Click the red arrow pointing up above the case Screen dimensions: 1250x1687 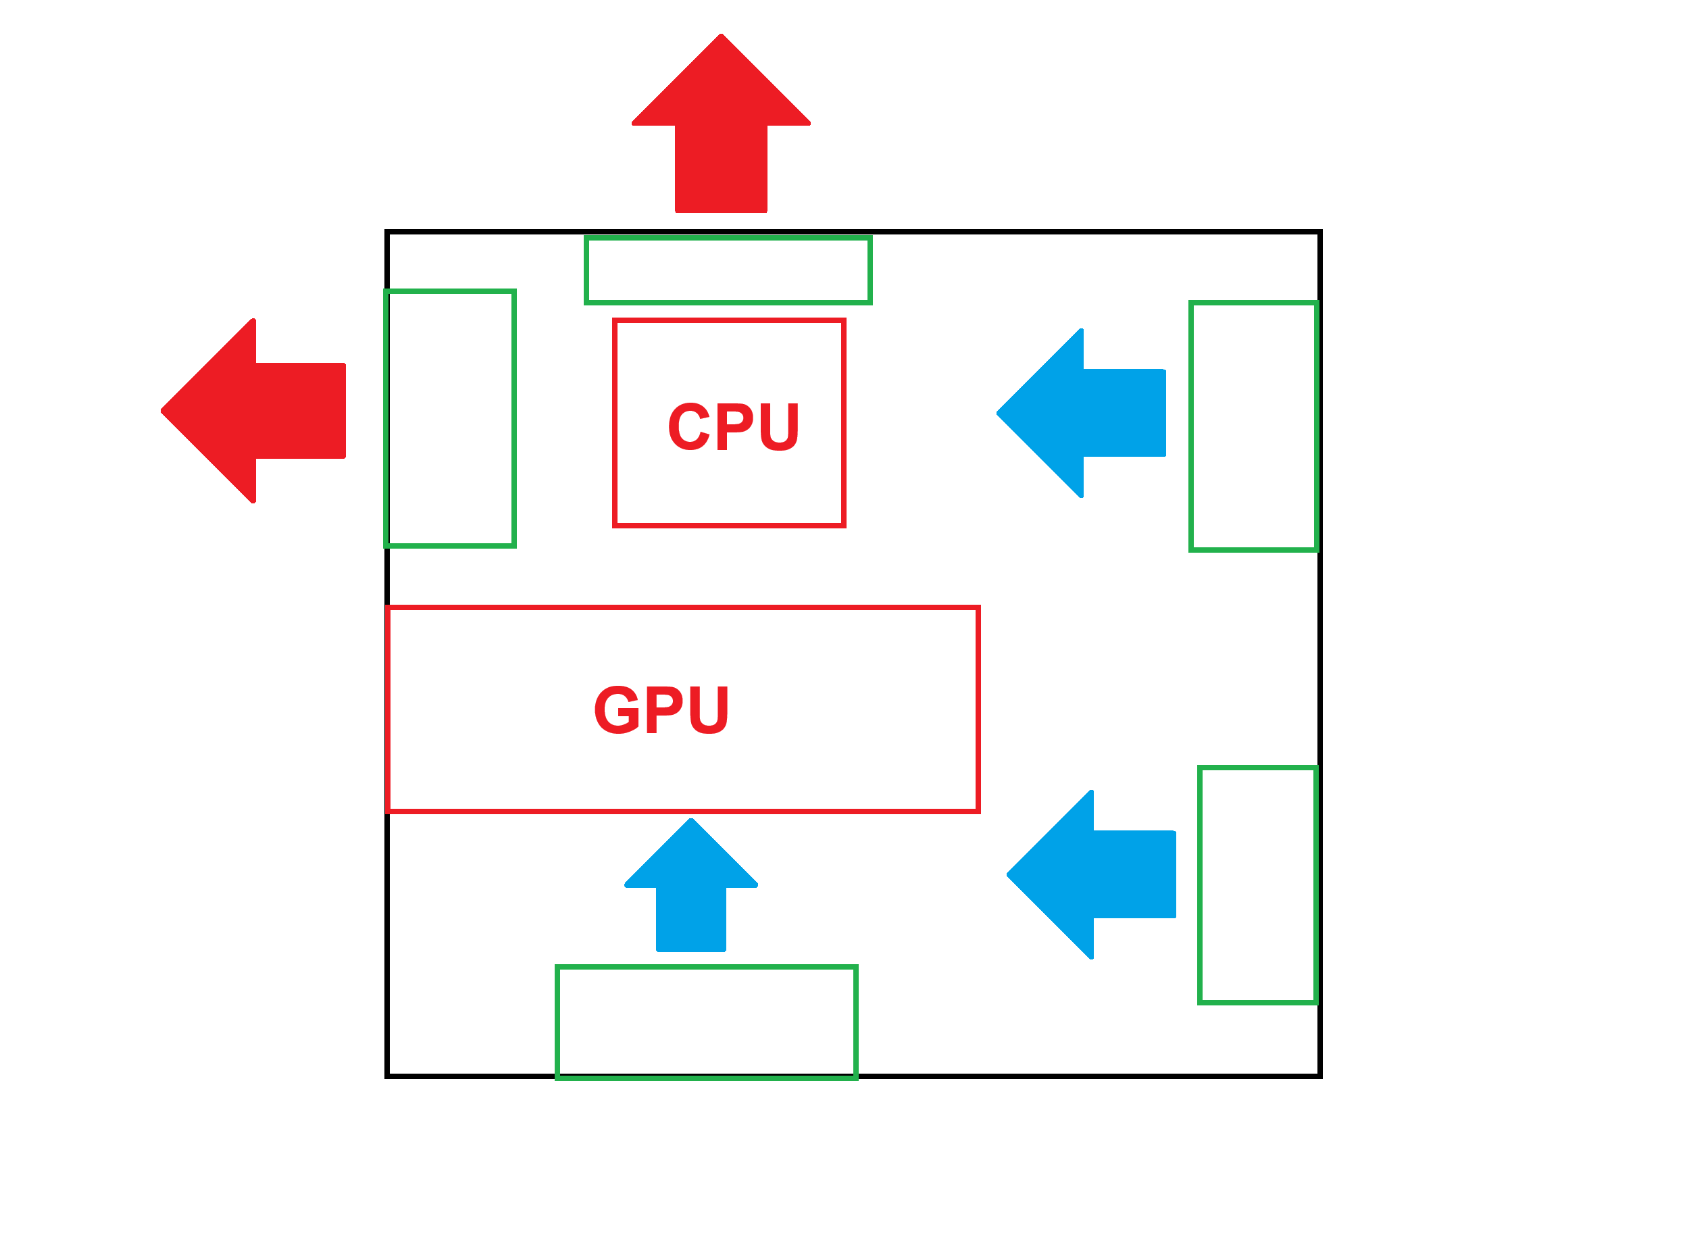tap(721, 136)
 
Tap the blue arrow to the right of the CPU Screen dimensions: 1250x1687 tap(1089, 413)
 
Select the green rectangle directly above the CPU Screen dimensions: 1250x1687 tap(728, 270)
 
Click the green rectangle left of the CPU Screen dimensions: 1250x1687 tap(450, 418)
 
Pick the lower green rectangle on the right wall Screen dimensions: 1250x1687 tap(1257, 885)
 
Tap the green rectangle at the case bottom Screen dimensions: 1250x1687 tap(707, 1022)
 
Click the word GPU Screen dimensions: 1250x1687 tap(661, 709)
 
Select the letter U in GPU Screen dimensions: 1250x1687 tap(709, 709)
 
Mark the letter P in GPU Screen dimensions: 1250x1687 tap(663, 709)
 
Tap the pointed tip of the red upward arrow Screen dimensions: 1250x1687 tap(721, 36)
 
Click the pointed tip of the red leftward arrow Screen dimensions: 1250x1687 tap(163, 411)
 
